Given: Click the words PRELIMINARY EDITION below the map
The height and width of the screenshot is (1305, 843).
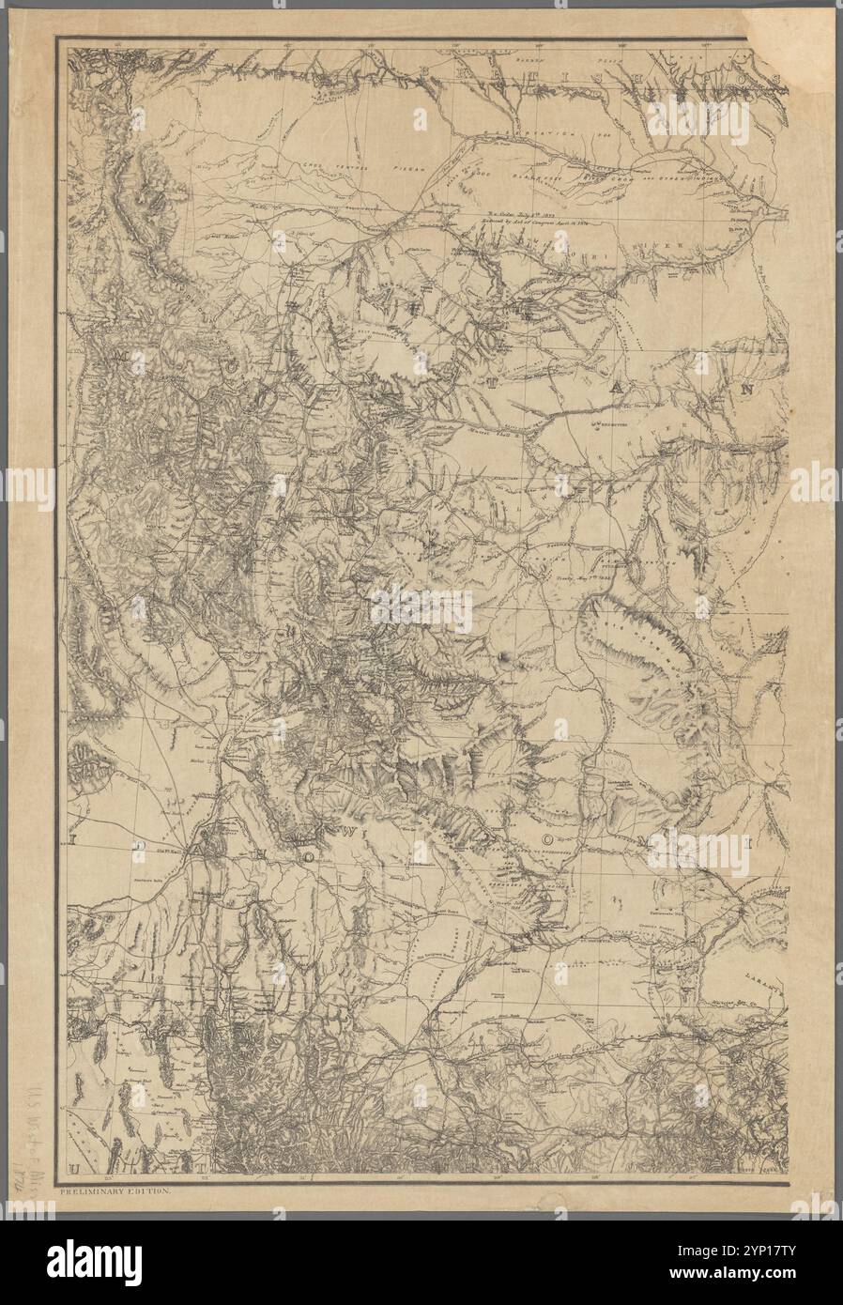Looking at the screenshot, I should tap(112, 1191).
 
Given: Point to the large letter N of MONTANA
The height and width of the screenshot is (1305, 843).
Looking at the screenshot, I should tap(748, 388).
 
